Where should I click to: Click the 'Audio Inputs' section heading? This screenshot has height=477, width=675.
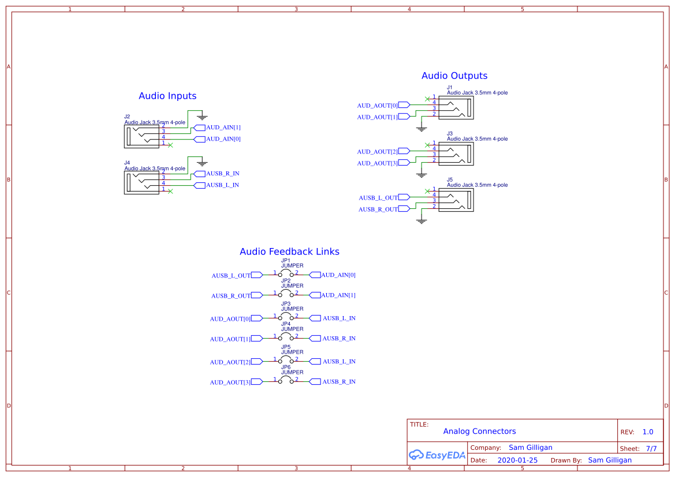(x=167, y=96)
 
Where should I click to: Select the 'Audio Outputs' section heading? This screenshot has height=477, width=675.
(x=454, y=76)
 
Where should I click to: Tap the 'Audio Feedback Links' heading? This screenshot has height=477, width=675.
(x=289, y=251)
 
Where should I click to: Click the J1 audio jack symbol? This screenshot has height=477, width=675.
(x=456, y=108)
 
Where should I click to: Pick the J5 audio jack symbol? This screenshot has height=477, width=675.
(x=456, y=200)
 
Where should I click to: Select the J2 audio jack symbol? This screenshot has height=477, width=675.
(x=141, y=137)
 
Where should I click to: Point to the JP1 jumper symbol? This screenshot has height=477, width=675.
(x=285, y=274)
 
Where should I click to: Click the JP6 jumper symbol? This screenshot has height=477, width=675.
(x=285, y=381)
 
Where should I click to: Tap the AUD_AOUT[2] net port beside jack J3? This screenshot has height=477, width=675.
(x=404, y=151)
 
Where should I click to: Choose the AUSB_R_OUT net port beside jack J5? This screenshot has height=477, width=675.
(x=404, y=209)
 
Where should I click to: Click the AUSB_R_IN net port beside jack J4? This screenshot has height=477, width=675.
(x=199, y=174)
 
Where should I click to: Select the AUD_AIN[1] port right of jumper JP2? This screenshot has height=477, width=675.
(x=315, y=295)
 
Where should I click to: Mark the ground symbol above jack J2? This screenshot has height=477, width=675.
(x=201, y=116)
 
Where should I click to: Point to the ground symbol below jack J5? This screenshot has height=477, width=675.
(x=422, y=220)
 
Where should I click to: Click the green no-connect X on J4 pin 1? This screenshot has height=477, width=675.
(x=170, y=191)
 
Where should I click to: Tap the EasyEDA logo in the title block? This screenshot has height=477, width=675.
(x=437, y=455)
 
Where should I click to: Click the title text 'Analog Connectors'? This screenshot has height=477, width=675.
(x=479, y=431)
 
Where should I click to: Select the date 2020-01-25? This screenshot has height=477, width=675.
(x=517, y=460)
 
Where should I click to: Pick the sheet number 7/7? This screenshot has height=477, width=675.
(x=651, y=448)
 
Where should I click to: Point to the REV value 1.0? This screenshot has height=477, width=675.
(x=648, y=432)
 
